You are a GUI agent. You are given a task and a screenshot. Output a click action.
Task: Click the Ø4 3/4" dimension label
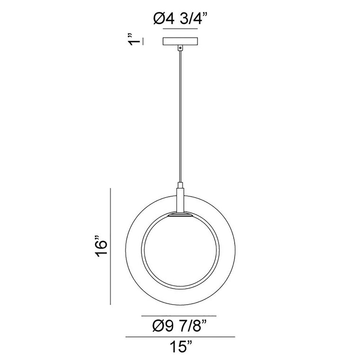tap(180, 19)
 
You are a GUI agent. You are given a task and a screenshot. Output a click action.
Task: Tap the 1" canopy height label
tap(134, 40)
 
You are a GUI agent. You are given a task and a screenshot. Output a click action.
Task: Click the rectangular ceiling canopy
tap(180, 41)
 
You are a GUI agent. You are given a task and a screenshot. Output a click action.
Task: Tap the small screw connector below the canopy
tap(180, 48)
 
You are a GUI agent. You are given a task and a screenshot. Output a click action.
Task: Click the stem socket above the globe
tap(180, 200)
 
